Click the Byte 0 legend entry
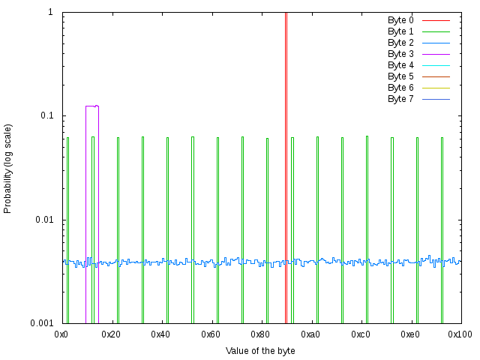pos(400,20)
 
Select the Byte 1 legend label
pos(400,31)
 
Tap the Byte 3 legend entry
pos(400,54)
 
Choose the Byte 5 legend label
pos(400,76)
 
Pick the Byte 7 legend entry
pos(400,99)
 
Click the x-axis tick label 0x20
pos(111,334)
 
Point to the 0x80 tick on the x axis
pos(260,334)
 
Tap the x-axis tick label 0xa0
pos(310,334)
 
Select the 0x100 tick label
pos(460,334)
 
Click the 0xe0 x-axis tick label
pos(410,334)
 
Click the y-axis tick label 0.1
pos(46,116)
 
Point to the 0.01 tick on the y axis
pos(43,220)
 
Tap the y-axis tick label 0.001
pos(41,323)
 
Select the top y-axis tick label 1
pos(50,13)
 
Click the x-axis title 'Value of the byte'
pos(260,350)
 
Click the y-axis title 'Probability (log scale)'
pos(8,168)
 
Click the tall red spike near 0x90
pos(286,150)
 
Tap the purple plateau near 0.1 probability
pos(91,106)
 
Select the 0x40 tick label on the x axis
pos(160,334)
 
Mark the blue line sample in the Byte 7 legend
pos(436,99)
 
